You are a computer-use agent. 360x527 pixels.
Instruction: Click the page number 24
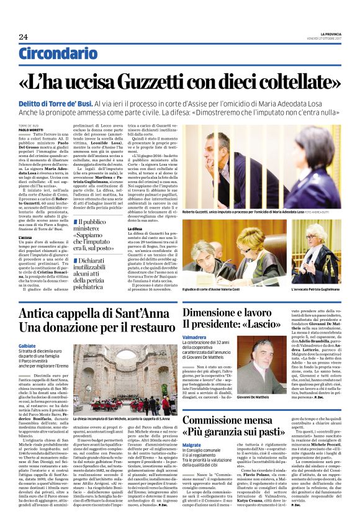coord(24,37)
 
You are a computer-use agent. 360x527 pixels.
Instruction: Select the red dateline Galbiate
coord(27,346)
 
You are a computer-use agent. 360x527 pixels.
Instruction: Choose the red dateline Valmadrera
coord(194,338)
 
